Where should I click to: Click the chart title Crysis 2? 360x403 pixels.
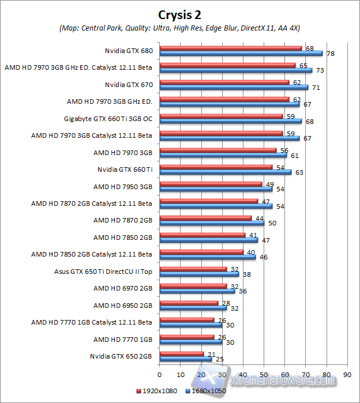(x=179, y=14)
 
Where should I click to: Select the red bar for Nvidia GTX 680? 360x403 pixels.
(x=231, y=48)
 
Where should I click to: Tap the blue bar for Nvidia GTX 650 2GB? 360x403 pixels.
(x=185, y=359)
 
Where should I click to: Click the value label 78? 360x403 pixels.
(x=331, y=54)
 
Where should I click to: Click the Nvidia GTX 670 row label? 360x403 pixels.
(x=128, y=84)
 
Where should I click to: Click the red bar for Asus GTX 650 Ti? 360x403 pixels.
(x=193, y=269)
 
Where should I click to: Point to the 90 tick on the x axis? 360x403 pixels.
(x=347, y=374)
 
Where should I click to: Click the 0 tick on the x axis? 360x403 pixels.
(x=160, y=374)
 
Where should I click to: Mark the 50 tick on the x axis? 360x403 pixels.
(x=264, y=374)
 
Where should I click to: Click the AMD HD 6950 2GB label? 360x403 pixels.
(x=122, y=305)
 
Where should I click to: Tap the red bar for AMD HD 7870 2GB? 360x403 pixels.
(x=205, y=217)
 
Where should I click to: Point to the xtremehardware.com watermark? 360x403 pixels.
(x=271, y=381)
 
